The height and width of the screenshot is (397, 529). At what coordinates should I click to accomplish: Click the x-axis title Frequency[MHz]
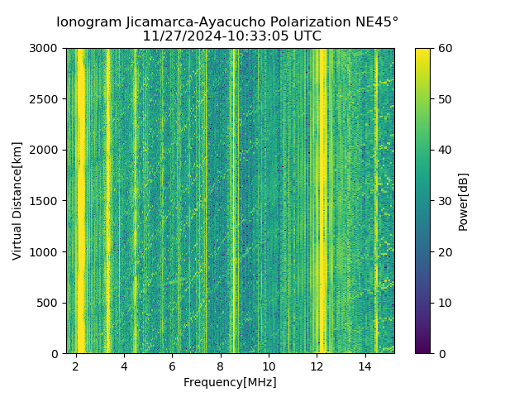click(x=230, y=382)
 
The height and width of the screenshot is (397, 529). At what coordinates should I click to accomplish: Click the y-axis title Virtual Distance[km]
click(x=17, y=201)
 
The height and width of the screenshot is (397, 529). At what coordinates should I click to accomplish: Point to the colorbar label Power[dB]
click(x=464, y=201)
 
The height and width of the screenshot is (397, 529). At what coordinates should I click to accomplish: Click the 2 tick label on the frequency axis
click(x=76, y=366)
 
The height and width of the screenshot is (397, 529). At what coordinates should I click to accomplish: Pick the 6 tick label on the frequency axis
click(x=172, y=366)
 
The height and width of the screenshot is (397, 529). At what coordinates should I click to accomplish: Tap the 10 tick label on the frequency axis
click(x=269, y=366)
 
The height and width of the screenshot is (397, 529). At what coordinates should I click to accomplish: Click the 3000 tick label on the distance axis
click(x=45, y=49)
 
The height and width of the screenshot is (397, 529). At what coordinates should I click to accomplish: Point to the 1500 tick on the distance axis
click(x=45, y=201)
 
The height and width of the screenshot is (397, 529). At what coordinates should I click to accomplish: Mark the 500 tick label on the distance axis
click(x=48, y=303)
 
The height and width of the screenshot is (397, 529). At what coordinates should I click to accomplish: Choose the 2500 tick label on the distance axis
click(x=45, y=99)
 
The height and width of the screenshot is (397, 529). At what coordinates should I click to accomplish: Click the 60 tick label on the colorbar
click(x=444, y=49)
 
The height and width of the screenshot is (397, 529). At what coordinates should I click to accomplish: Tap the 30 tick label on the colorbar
click(x=444, y=201)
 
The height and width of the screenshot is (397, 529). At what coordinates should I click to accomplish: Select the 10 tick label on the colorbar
click(x=444, y=303)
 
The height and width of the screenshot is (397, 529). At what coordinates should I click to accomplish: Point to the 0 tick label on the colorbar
click(x=441, y=353)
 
